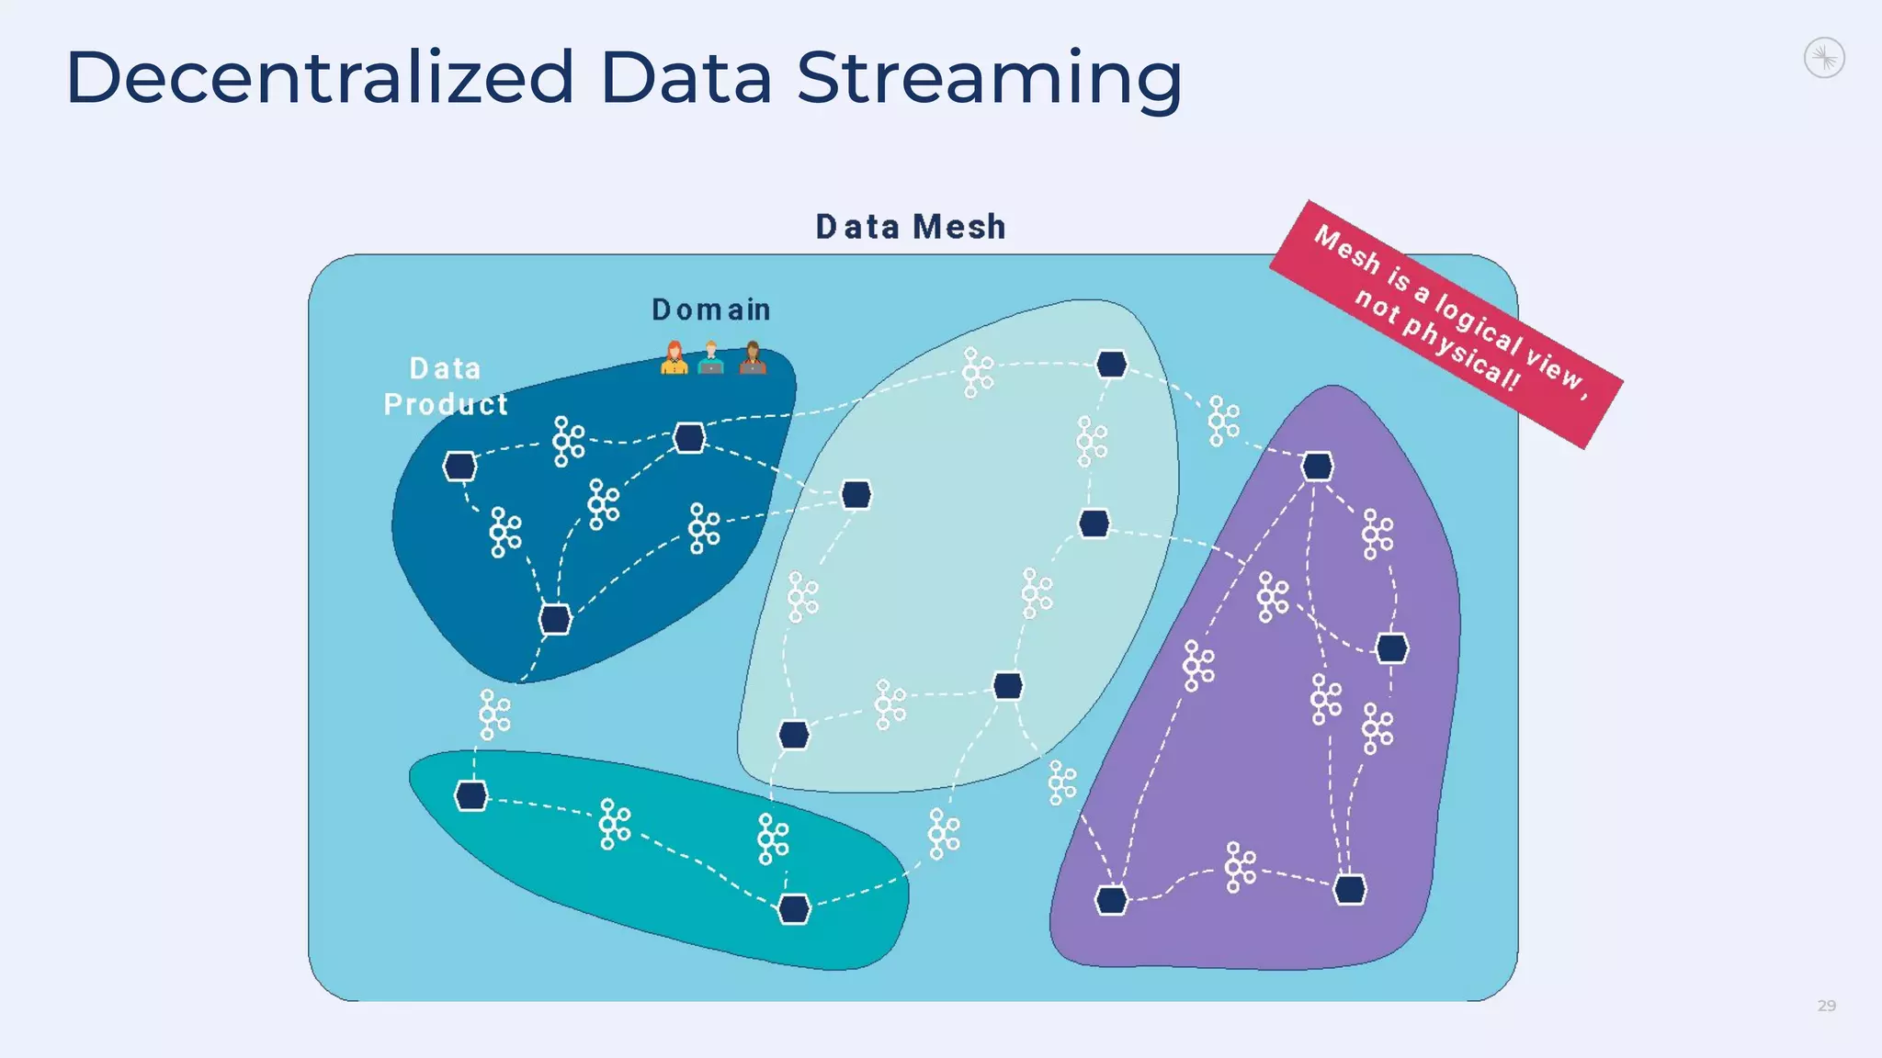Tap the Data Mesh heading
911,227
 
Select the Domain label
711,310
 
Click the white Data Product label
446,387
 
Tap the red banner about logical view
1446,323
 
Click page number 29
1826,1006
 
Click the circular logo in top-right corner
1824,59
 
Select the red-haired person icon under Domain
674,358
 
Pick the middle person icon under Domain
710,358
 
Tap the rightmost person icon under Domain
753,358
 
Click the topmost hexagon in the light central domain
1111,365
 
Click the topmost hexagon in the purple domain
1317,467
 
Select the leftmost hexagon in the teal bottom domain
471,795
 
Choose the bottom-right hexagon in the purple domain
1349,889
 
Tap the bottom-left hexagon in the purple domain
1111,900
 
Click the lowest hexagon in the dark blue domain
555,620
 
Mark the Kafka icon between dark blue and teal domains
494,715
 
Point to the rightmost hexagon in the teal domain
793,909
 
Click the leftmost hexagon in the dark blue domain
459,467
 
